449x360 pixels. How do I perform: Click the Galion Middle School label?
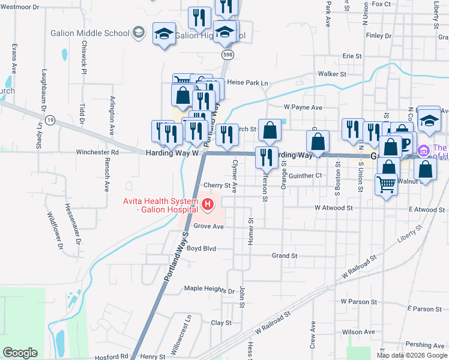89,33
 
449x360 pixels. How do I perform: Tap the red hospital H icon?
208,205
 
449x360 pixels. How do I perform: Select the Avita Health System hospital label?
160,205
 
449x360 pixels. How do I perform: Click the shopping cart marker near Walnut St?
386,185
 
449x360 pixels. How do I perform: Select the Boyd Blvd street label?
201,248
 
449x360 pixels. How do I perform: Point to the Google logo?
20,353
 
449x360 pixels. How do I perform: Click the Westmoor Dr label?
21,7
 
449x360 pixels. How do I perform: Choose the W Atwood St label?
333,208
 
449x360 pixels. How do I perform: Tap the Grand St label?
285,256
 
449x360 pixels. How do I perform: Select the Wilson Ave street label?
358,332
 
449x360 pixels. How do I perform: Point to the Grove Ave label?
208,227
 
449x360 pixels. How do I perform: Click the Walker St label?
333,74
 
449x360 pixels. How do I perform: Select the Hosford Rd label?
112,356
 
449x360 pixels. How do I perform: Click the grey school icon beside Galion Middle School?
139,32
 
